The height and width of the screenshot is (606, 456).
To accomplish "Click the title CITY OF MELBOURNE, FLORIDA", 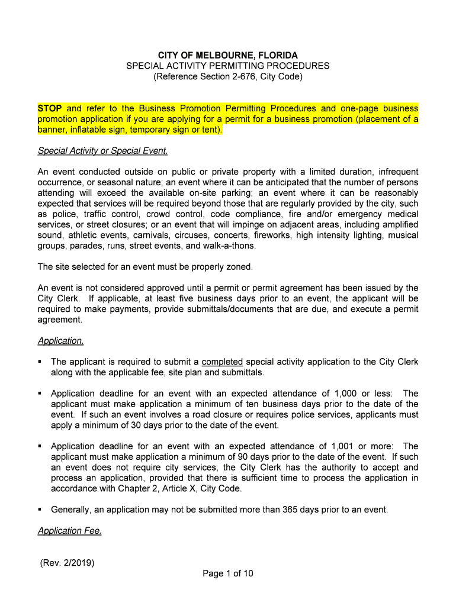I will pos(227,55).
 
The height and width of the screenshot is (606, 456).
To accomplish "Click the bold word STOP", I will pos(50,108).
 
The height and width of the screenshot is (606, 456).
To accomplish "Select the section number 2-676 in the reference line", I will pos(245,77).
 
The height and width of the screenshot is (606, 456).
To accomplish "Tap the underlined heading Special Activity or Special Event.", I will pos(103,151).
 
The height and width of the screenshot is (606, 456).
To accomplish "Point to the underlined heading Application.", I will pos(60,341).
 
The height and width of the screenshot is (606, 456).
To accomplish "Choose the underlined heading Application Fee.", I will pos(69,531).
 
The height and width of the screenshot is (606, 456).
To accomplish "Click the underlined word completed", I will pos(222,362).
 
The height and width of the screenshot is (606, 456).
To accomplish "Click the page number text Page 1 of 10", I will pos(228,573).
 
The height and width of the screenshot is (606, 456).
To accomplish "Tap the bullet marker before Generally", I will pos(40,509).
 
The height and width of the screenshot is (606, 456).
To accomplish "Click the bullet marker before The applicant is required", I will pos(40,362).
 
